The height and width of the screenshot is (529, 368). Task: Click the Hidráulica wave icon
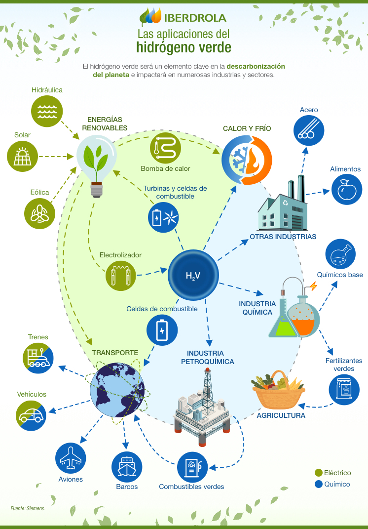[x=47, y=111]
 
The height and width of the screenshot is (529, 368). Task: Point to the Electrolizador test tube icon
[x=121, y=275]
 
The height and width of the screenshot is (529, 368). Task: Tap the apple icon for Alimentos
[x=346, y=189]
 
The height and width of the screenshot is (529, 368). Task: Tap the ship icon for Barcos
[x=127, y=466]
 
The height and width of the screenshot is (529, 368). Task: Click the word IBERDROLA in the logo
[x=196, y=18]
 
